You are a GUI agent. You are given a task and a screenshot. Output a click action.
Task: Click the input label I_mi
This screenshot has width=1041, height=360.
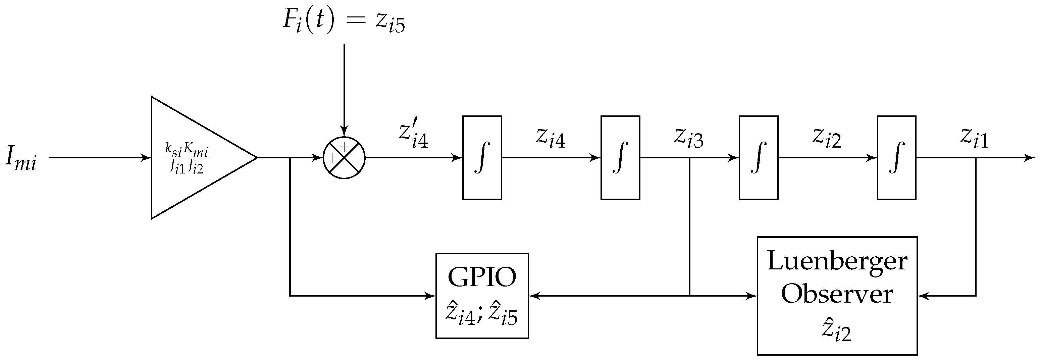[x=21, y=159]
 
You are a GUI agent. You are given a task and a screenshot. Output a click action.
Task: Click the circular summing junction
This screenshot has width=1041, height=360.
[x=344, y=158]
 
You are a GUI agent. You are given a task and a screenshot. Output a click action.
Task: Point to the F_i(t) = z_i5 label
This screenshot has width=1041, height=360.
[x=344, y=21]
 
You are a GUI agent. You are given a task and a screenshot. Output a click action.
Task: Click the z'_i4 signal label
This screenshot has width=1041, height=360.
[x=413, y=136]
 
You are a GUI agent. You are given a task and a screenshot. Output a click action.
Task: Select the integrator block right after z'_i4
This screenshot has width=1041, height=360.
[x=482, y=158]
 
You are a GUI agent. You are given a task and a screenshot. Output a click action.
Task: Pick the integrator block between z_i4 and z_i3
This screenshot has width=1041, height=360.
[x=620, y=158]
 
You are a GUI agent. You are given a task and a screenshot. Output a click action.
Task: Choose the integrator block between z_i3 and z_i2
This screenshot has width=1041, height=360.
[x=759, y=158]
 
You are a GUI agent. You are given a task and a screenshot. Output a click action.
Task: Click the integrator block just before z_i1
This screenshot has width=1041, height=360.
[x=896, y=158]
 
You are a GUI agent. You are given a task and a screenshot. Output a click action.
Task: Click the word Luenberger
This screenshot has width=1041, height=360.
[x=837, y=261]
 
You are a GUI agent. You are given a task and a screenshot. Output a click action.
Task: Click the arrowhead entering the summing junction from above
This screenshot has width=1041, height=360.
[x=344, y=132]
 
